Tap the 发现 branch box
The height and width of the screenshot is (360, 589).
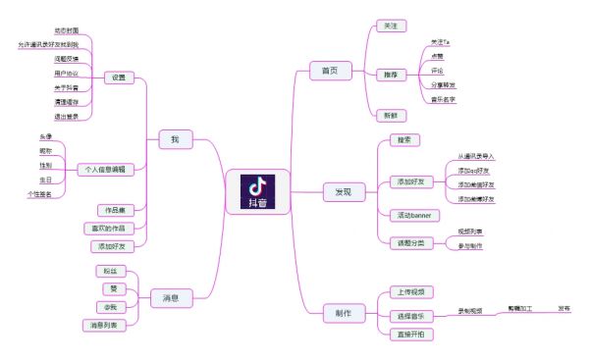pyautogui.click(x=343, y=191)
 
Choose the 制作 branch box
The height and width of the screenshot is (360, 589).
pyautogui.click(x=344, y=313)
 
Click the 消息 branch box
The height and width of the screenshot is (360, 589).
pyautogui.click(x=170, y=296)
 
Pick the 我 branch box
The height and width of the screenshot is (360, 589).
pyautogui.click(x=175, y=139)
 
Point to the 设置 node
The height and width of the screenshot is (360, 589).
pyautogui.click(x=119, y=77)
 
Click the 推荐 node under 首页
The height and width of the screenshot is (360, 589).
pyautogui.click(x=390, y=75)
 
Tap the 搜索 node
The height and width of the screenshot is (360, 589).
pyautogui.click(x=402, y=141)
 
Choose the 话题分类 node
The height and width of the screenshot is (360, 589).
pyautogui.click(x=410, y=242)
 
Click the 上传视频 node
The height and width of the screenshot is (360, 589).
pyautogui.click(x=410, y=291)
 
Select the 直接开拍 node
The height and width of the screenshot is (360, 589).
pyautogui.click(x=410, y=334)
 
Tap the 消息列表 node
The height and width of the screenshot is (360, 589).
pyautogui.click(x=105, y=325)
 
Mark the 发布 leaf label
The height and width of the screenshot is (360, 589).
pyautogui.click(x=563, y=309)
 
